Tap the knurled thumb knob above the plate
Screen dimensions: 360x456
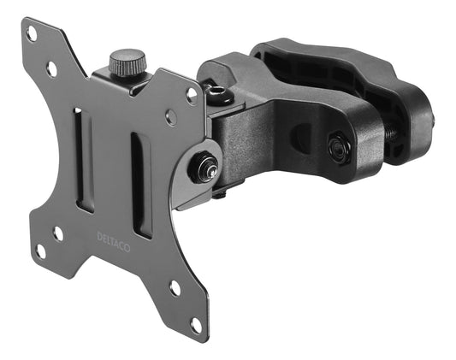[x=127, y=62]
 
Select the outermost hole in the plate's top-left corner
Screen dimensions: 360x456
[x=32, y=33]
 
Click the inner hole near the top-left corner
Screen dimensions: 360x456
[x=52, y=67]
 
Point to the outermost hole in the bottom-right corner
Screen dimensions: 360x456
[x=196, y=326]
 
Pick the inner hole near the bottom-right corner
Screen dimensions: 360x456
[x=175, y=287]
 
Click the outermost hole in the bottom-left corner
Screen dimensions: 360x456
[x=39, y=251]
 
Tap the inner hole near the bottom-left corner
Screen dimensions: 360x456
[x=59, y=232]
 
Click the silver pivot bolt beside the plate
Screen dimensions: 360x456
[x=204, y=167]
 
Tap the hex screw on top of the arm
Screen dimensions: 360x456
[x=217, y=94]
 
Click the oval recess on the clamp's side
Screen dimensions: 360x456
[x=301, y=138]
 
